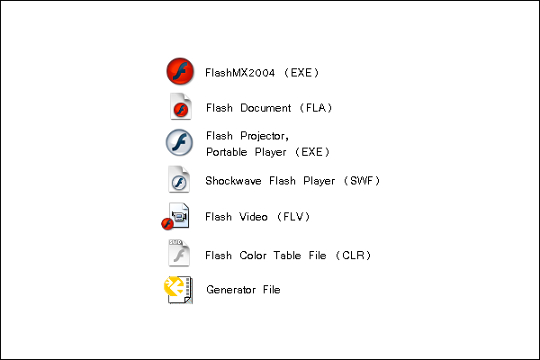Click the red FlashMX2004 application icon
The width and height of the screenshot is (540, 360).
coord(180,71)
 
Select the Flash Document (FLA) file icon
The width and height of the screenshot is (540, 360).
coord(180,107)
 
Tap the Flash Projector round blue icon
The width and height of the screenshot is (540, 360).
coord(180,143)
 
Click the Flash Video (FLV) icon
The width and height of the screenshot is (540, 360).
coord(175,217)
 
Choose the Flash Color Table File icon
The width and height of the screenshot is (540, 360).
coord(179,253)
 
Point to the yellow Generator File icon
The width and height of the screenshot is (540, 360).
coord(176,290)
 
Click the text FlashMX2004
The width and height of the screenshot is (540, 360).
coord(241,72)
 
